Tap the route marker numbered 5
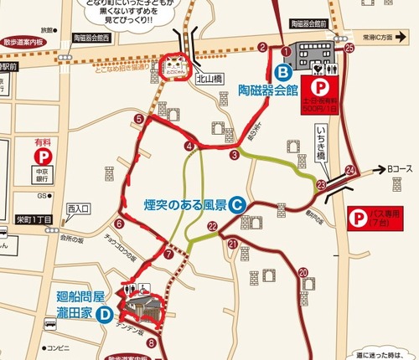pos(138,119)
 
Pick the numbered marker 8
pos(151,342)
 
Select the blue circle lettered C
pos(237,203)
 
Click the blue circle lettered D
pos(104,315)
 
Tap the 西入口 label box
pos(77,207)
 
